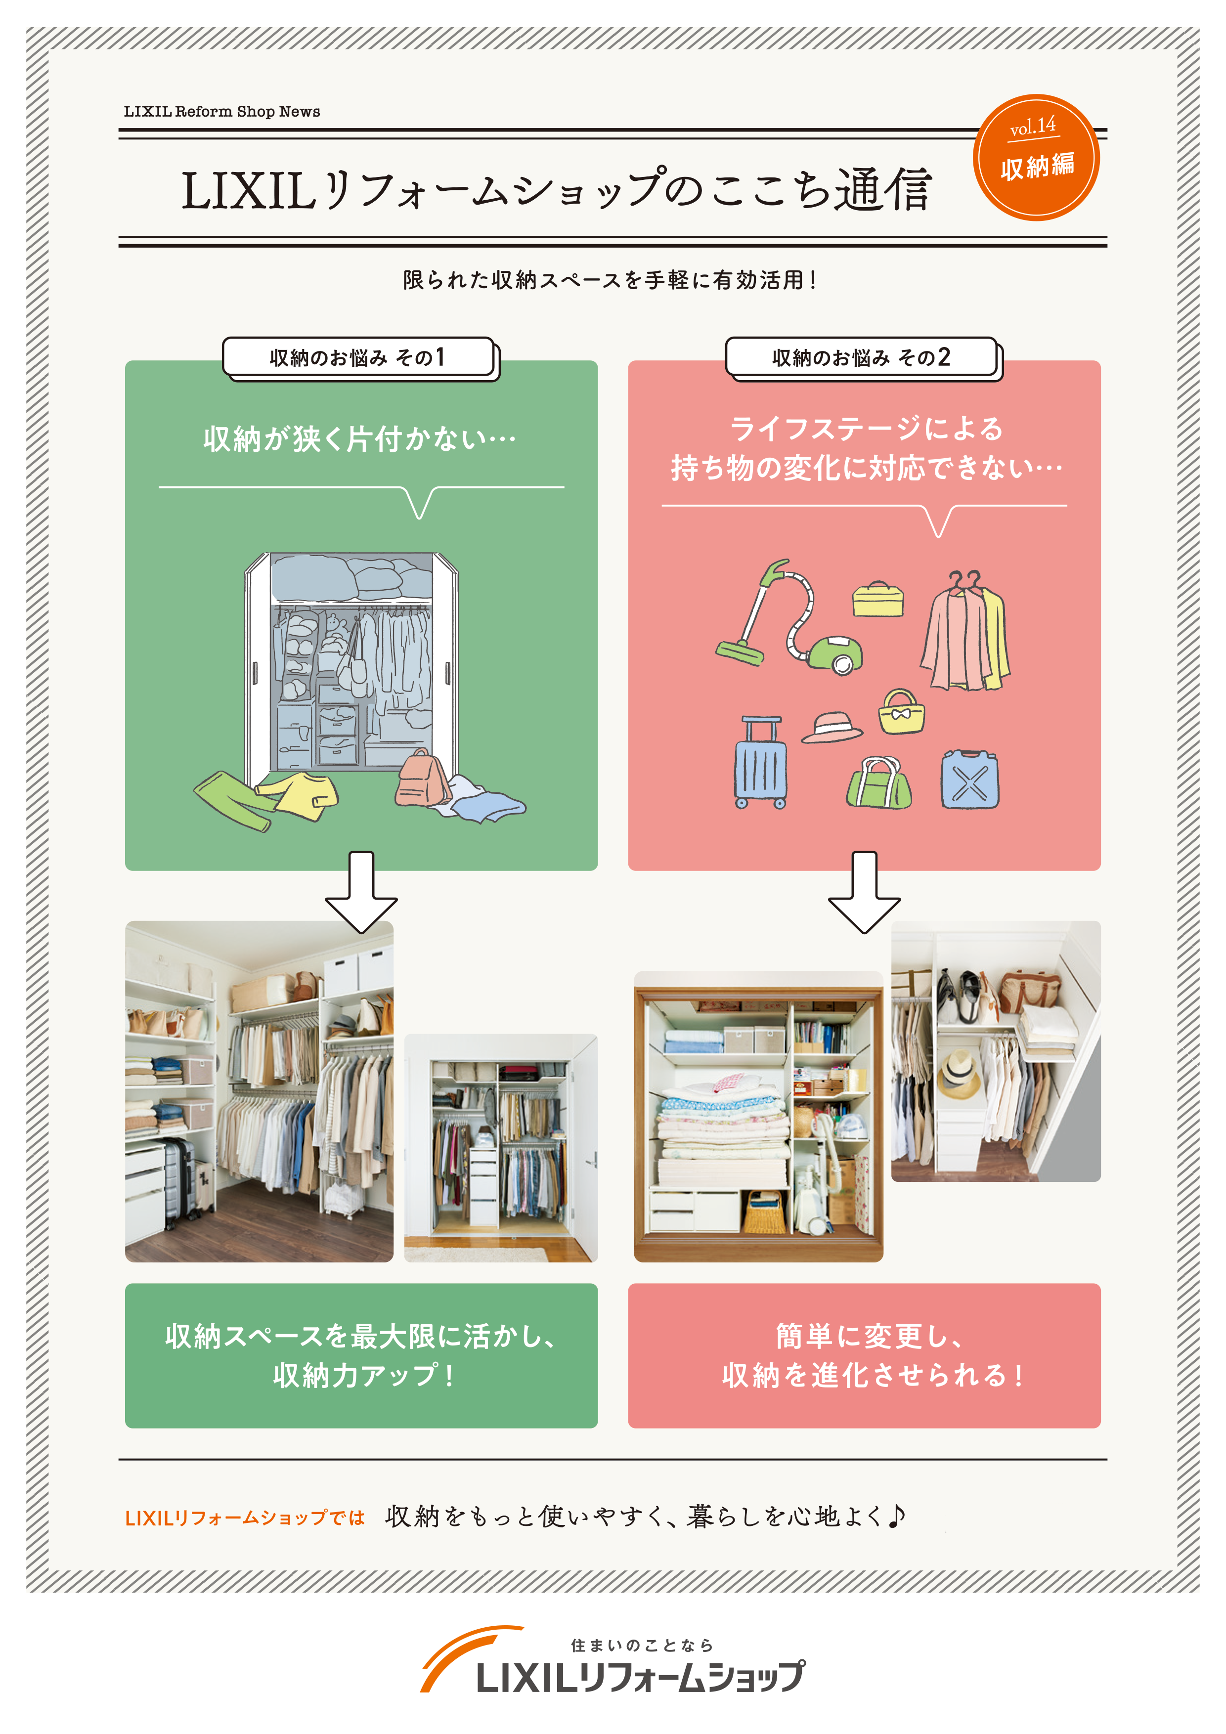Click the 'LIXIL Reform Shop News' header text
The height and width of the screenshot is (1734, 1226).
(221, 112)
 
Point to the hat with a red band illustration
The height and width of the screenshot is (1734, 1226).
(831, 727)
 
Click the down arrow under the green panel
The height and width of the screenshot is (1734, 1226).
(361, 893)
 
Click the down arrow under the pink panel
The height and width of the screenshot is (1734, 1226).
(864, 893)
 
